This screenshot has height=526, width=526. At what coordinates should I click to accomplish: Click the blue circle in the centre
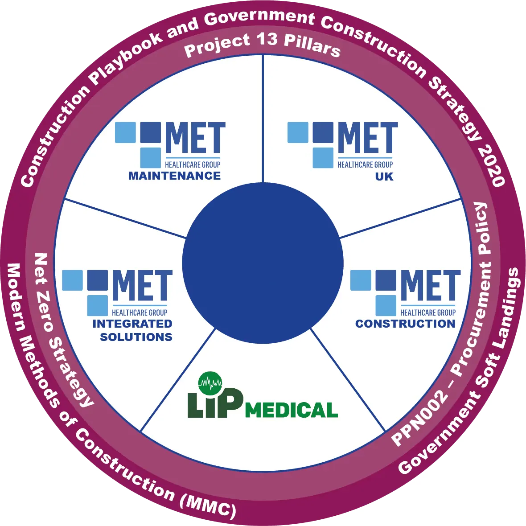(263, 263)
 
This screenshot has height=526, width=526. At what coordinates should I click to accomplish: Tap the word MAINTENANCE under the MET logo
(174, 176)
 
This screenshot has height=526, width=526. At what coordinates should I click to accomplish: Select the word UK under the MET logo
(384, 177)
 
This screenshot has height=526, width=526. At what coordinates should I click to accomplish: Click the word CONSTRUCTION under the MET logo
(405, 324)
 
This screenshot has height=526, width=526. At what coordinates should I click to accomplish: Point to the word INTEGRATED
(132, 324)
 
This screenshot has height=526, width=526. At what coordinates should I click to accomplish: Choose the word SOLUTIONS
(136, 337)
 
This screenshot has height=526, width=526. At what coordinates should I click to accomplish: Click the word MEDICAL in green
(291, 410)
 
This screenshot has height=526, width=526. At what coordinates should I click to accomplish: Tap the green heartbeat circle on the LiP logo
(210, 383)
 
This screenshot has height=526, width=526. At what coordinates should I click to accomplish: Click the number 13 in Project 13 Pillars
(267, 40)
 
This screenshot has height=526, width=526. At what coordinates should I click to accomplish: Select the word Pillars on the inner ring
(312, 46)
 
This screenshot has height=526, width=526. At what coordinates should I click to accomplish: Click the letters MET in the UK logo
(368, 138)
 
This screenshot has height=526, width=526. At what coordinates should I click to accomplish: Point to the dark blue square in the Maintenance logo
(151, 132)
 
